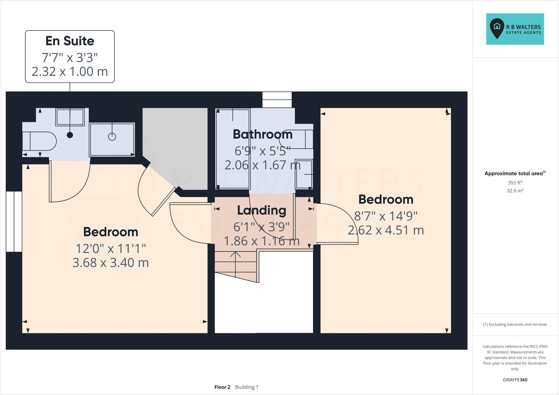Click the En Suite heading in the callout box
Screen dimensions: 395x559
click(70, 41)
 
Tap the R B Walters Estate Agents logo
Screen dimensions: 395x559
click(515, 29)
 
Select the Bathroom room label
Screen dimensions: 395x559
click(263, 134)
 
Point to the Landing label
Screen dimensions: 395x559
click(261, 210)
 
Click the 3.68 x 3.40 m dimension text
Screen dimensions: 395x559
click(111, 263)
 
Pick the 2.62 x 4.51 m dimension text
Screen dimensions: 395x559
click(386, 230)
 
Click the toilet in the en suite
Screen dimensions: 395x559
click(40, 141)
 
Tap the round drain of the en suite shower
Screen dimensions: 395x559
click(112, 137)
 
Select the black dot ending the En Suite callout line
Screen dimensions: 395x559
click(70, 135)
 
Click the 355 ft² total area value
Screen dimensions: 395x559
click(515, 183)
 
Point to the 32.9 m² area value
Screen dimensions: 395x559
click(515, 191)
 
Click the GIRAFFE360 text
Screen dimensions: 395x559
click(515, 380)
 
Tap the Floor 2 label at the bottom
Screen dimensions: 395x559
click(222, 387)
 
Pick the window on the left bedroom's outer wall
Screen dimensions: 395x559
click(14, 222)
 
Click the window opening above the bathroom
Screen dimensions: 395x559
click(277, 100)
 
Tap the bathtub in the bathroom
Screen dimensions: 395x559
click(233, 149)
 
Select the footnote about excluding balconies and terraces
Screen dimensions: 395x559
click(515, 325)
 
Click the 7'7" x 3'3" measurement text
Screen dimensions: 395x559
click(70, 58)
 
